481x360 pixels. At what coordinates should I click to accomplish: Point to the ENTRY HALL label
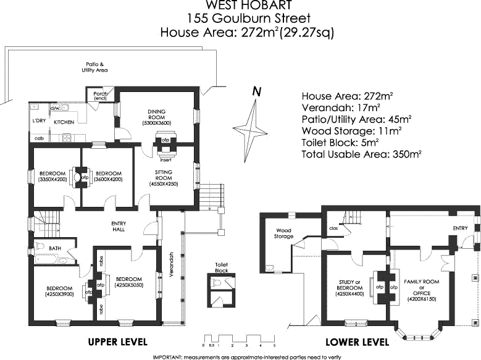119,226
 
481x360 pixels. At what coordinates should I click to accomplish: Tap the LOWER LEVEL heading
358,341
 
